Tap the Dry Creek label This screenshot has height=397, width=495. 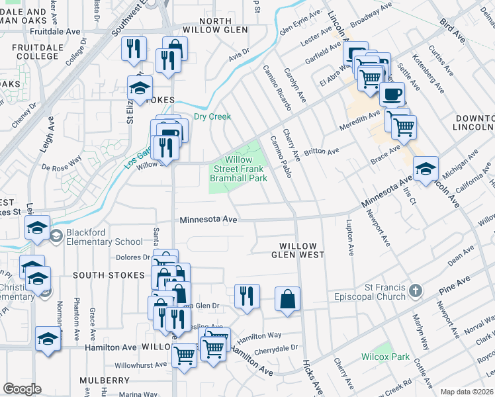pos(212,117)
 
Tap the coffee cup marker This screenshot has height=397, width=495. pos(392,94)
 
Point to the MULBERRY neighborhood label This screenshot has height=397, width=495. pos(105,380)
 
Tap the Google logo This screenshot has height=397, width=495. pos(22,389)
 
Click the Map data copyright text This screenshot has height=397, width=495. pos(467,392)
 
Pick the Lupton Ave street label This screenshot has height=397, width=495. pos(349,239)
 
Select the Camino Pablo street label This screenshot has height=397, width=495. pos(281,156)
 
